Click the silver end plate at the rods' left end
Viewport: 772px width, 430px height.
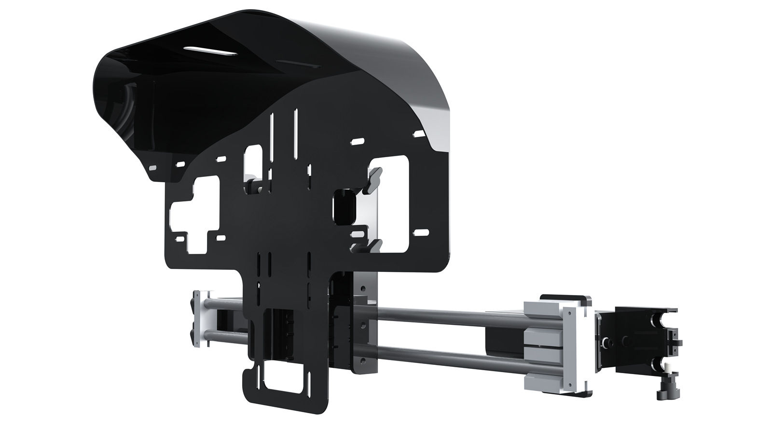point(197,318)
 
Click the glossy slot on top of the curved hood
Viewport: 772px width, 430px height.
point(210,51)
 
